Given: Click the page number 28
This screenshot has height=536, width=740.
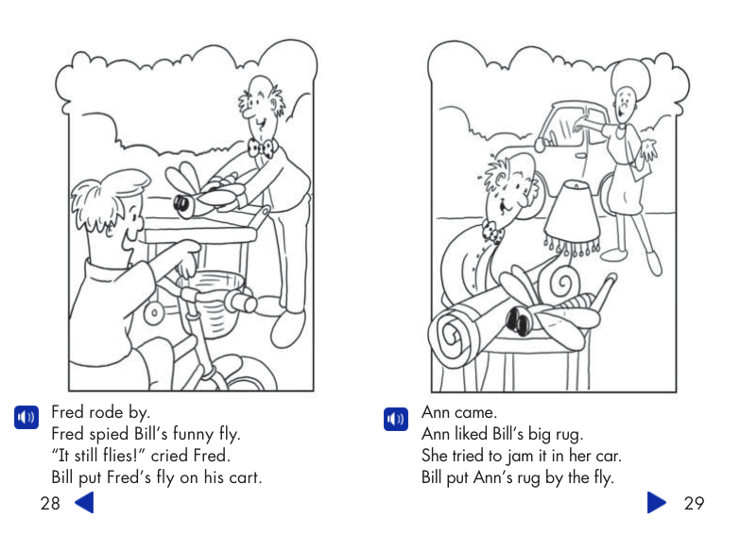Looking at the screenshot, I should coord(50,503).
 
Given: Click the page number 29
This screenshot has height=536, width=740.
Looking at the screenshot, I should coord(694,503).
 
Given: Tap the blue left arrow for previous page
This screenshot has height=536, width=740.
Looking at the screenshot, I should coord(84,502).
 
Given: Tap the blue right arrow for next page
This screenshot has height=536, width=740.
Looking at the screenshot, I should coord(657,502).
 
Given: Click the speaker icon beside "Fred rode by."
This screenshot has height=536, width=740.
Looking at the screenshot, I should coord(26,417).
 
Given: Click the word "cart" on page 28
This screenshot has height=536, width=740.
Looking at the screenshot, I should coord(244,477).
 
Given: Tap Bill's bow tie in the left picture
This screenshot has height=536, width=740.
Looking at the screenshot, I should coord(260,147).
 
